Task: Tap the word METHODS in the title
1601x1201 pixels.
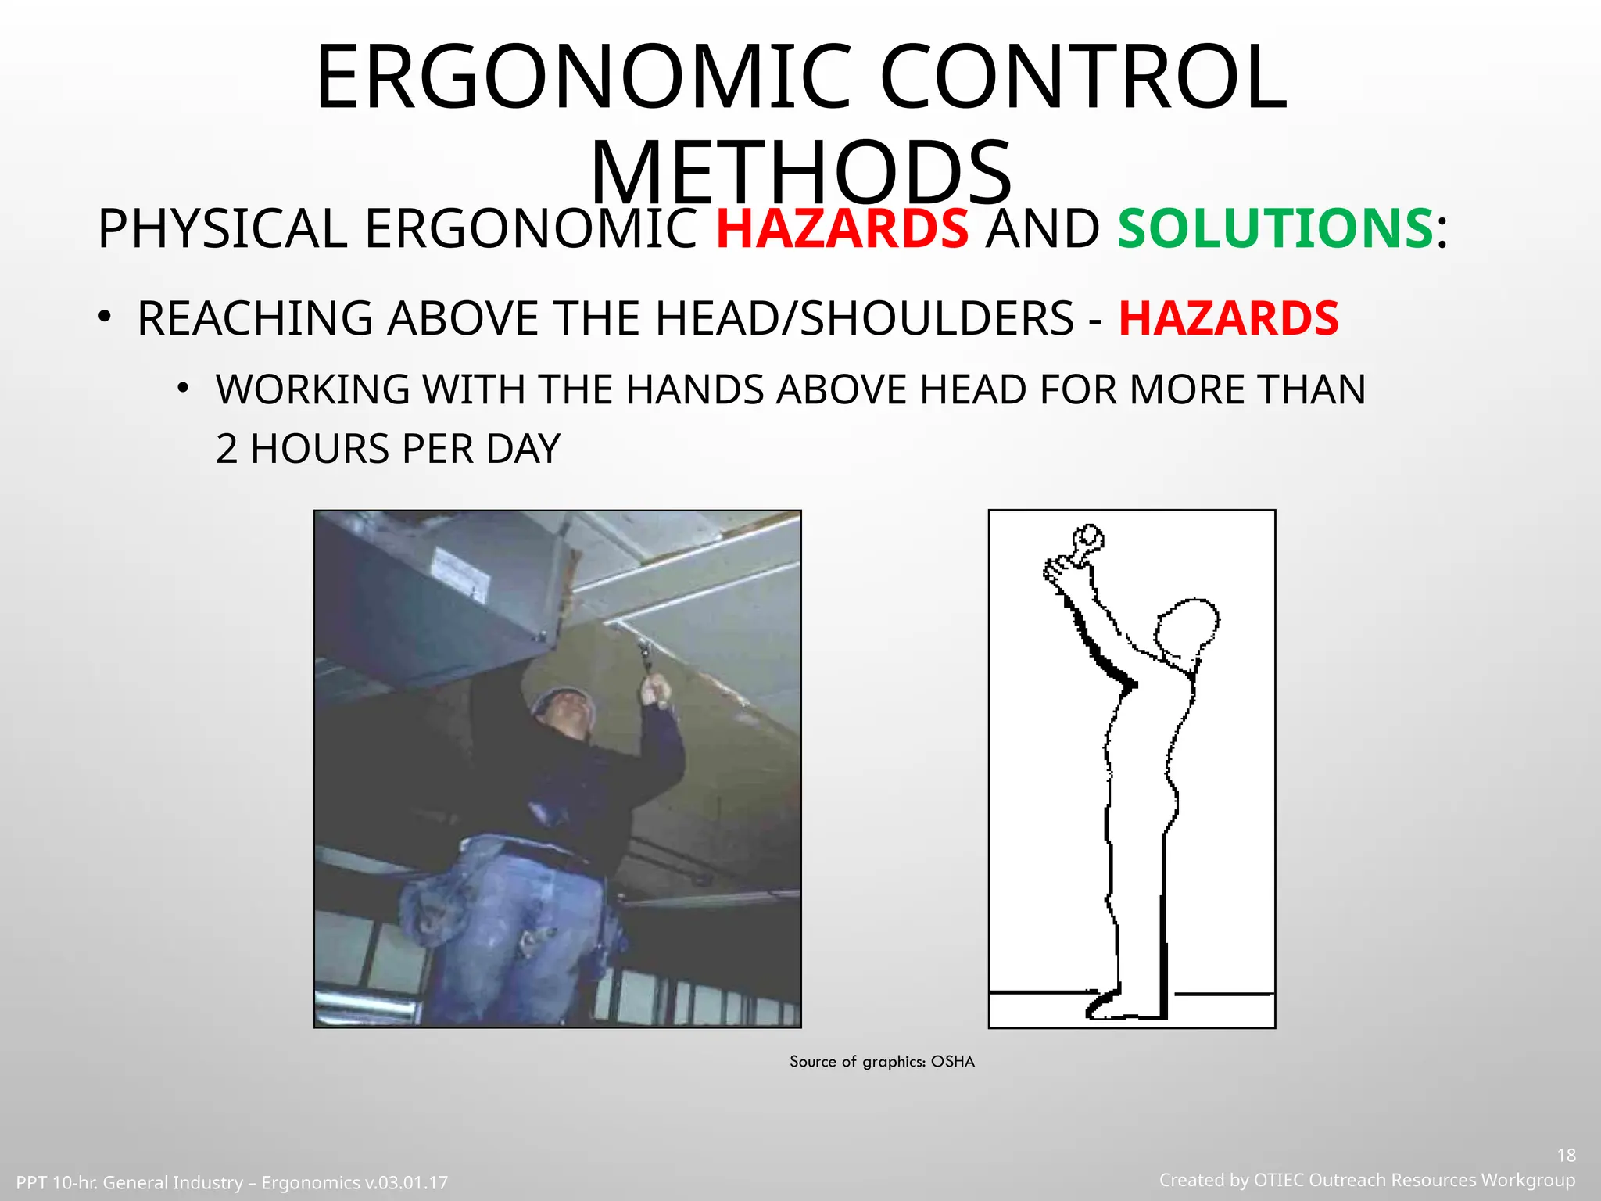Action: (800, 174)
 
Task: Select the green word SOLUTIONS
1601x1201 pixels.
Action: (1275, 229)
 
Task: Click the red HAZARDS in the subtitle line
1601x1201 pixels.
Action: (842, 229)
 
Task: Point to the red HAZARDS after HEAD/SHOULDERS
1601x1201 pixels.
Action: (1228, 318)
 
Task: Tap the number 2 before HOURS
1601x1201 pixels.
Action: (226, 449)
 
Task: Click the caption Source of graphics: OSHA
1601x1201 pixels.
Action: (882, 1061)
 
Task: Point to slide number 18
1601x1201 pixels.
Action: (1566, 1155)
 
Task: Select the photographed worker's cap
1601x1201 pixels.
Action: (561, 701)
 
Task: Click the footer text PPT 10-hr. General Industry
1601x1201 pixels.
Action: (130, 1182)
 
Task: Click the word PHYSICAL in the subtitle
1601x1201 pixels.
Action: (222, 229)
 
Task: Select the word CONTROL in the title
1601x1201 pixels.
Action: (1083, 78)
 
